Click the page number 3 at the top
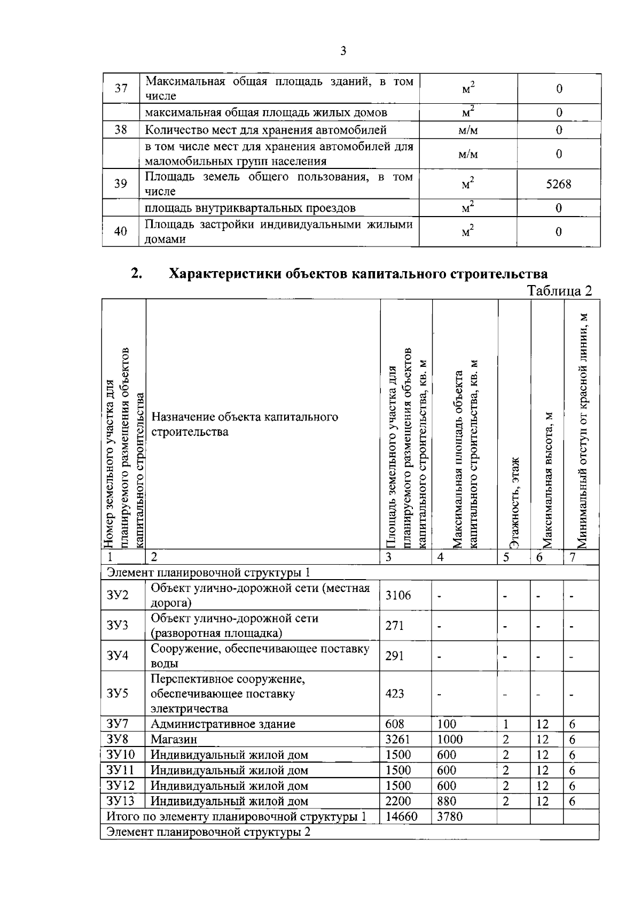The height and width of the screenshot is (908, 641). click(x=343, y=51)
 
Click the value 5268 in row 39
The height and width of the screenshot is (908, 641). click(x=558, y=184)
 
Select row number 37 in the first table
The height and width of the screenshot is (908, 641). click(x=121, y=88)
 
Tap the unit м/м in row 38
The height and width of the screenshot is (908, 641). click(x=468, y=130)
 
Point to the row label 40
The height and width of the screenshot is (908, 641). click(x=121, y=232)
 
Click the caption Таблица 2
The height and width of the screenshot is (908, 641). click(x=559, y=291)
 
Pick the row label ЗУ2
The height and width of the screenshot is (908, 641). click(x=118, y=595)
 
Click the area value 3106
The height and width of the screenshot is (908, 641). click(x=398, y=595)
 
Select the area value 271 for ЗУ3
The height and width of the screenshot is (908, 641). click(x=395, y=625)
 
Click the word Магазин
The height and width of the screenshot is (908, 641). click(x=174, y=740)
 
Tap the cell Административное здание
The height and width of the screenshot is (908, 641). click(x=223, y=724)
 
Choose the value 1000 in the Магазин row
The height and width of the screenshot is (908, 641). click(x=450, y=740)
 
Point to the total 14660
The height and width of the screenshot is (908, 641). click(x=401, y=817)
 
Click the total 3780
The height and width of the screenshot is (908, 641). click(x=450, y=817)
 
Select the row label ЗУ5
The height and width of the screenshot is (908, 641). click(x=118, y=694)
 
